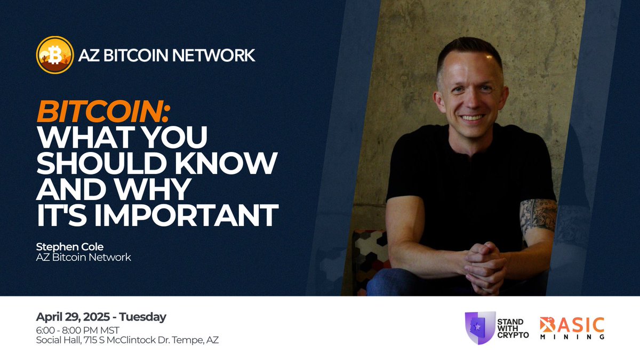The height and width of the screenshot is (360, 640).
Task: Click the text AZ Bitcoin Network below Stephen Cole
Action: coord(84,258)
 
